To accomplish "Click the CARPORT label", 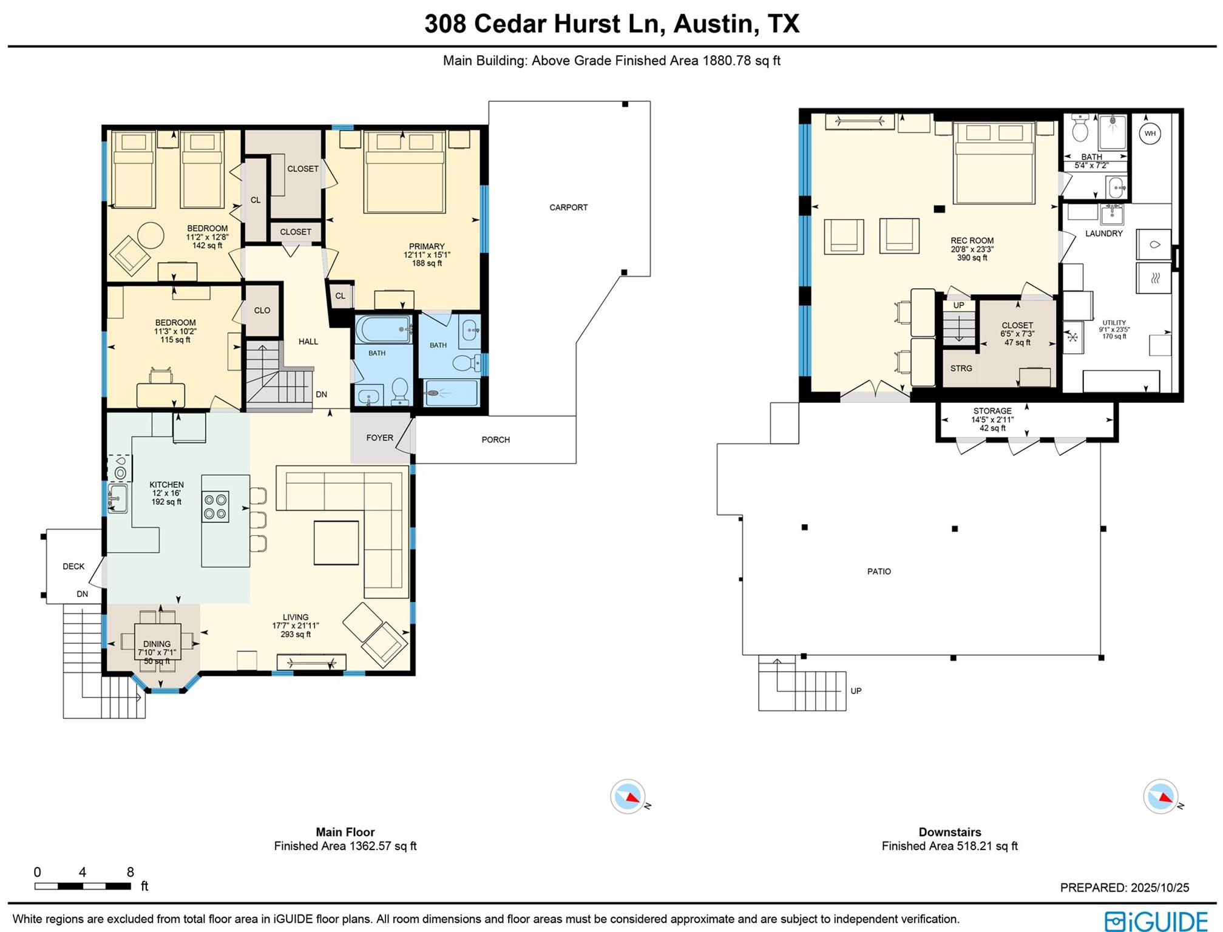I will pyautogui.click(x=568, y=208).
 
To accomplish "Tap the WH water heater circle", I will pyautogui.click(x=1150, y=133).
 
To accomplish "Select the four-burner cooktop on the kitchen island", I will pyautogui.click(x=215, y=507).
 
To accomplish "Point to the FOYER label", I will pyautogui.click(x=379, y=437).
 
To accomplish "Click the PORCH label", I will pyautogui.click(x=495, y=439).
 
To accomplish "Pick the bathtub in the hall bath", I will pyautogui.click(x=383, y=329).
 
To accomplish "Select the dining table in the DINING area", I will pyautogui.click(x=157, y=641).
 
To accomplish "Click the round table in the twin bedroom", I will pyautogui.click(x=151, y=235).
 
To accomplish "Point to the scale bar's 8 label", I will pyautogui.click(x=130, y=873).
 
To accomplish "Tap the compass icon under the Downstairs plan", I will pyautogui.click(x=1160, y=796).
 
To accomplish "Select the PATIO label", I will pyautogui.click(x=878, y=571).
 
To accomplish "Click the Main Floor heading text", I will pyautogui.click(x=345, y=832).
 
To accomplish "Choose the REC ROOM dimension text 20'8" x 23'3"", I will pyautogui.click(x=972, y=249).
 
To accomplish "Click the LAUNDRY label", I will pyautogui.click(x=1103, y=233).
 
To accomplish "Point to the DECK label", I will pyautogui.click(x=73, y=566).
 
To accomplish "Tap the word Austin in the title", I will pyautogui.click(x=713, y=24).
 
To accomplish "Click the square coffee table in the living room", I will pyautogui.click(x=336, y=542).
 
